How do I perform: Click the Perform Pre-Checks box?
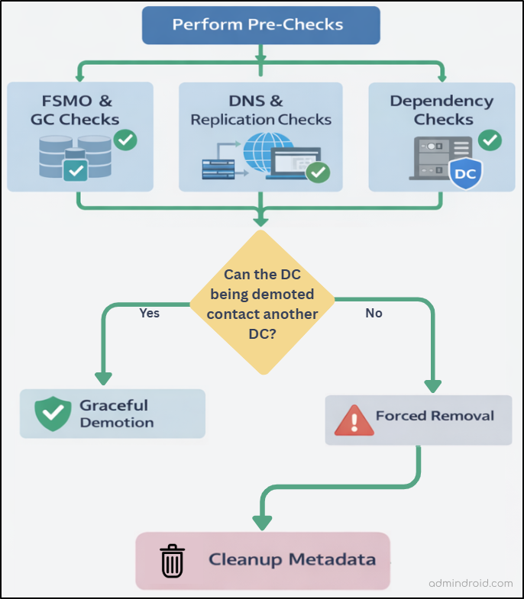tap(261, 24)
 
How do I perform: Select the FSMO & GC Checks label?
tap(75, 110)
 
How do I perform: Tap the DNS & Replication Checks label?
tap(261, 110)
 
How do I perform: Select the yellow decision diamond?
tap(261, 302)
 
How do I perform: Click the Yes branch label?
tap(150, 313)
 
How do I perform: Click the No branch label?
tap(374, 313)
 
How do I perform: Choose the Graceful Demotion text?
tap(117, 414)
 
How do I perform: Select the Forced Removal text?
tap(435, 417)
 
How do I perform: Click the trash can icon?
tap(173, 561)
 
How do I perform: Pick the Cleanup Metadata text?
tap(293, 560)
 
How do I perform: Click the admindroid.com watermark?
tap(471, 584)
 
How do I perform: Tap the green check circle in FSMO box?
tap(125, 140)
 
